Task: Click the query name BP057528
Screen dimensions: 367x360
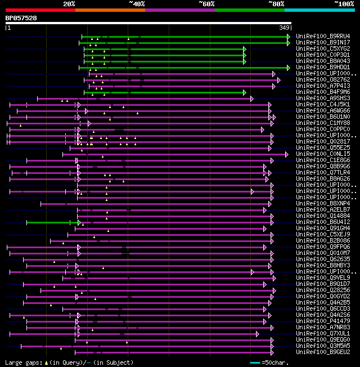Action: pos(21,18)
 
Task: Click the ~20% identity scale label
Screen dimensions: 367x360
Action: pos(69,4)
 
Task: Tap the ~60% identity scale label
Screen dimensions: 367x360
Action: pos(206,4)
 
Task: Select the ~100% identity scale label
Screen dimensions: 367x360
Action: pos(344,4)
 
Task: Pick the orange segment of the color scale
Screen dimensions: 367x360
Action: pos(110,10)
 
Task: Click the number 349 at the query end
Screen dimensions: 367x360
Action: pos(284,28)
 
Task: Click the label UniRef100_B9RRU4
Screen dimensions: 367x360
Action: pos(323,37)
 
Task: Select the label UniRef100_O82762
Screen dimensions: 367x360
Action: pos(323,80)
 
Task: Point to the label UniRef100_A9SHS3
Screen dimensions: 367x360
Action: pos(323,99)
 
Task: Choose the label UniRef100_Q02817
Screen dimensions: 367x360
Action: pos(323,141)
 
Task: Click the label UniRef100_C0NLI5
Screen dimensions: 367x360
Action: pos(323,154)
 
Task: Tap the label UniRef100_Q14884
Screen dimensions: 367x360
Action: pos(323,216)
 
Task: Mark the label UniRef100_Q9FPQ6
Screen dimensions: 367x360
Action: pos(323,247)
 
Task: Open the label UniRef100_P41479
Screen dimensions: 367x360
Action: pos(323,321)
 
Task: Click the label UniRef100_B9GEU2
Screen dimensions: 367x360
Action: pos(323,352)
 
